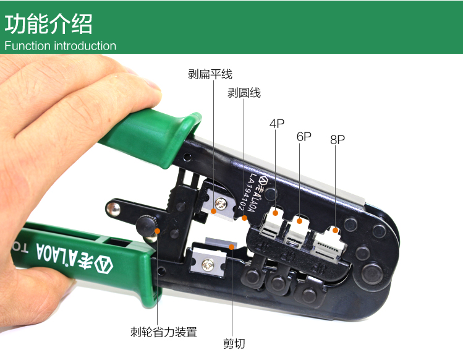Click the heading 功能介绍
[48, 24]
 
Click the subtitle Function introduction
[60, 46]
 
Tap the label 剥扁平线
[210, 74]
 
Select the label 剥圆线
[244, 93]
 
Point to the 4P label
[277, 123]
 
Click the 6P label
[304, 137]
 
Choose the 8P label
[338, 139]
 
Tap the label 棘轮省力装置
[164, 332]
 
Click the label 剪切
[234, 344]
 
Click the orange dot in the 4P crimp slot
[276, 213]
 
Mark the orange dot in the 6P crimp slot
[299, 221]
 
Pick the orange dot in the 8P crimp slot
[335, 230]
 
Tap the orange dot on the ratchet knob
[158, 231]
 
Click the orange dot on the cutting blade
[232, 247]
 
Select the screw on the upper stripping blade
[221, 204]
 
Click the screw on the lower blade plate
[208, 264]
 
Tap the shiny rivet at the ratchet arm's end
[113, 209]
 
